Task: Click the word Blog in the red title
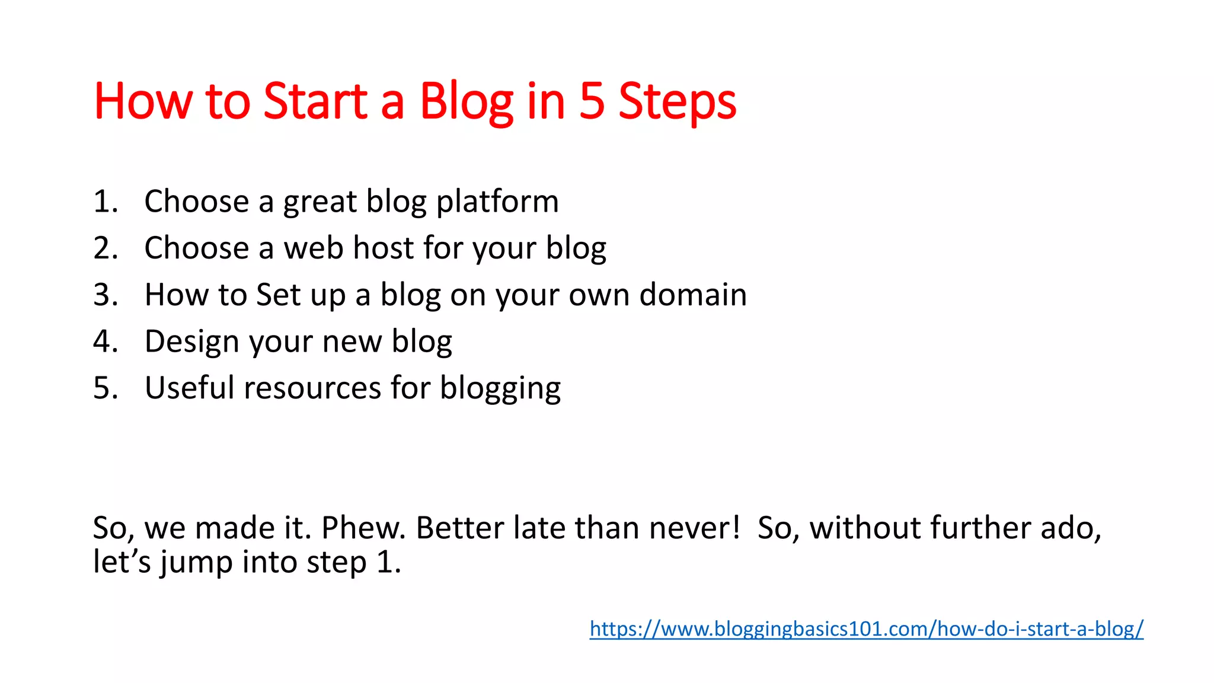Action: point(466,102)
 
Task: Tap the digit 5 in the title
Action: point(591,102)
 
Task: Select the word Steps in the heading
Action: point(677,102)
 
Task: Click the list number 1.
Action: point(105,202)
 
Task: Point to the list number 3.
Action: point(105,295)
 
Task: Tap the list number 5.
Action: point(105,388)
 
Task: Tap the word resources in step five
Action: point(312,388)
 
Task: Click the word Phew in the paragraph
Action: point(363,528)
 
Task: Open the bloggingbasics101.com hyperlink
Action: point(866,628)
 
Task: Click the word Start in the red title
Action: point(315,102)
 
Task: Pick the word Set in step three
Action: point(279,295)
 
